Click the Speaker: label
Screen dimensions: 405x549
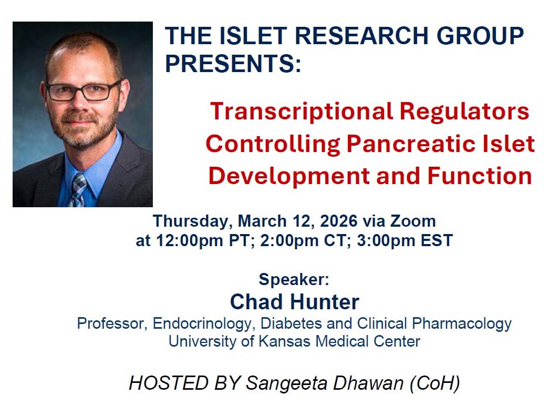(294, 279)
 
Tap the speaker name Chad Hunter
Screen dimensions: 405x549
(295, 302)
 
